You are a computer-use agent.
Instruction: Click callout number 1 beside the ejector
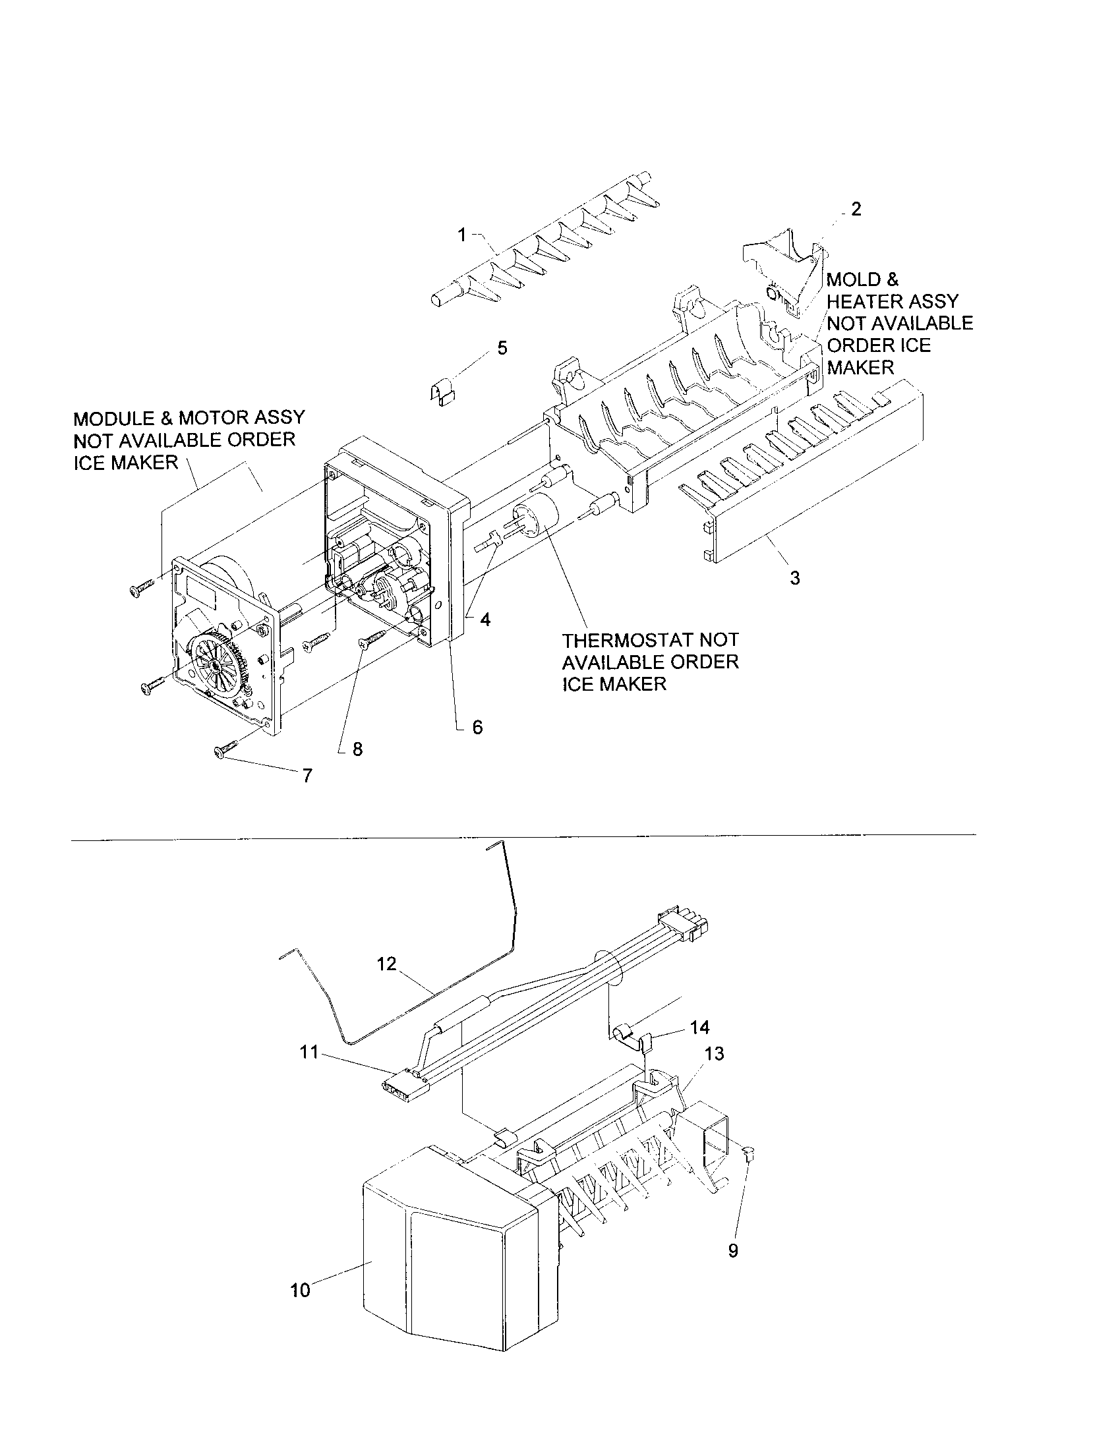[462, 235]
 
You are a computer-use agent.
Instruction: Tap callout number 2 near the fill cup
[856, 209]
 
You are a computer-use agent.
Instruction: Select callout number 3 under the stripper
[795, 577]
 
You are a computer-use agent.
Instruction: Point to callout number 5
[502, 348]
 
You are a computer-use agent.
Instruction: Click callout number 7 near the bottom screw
[307, 776]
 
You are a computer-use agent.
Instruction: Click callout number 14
[700, 1028]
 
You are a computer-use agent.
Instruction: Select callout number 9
[733, 1250]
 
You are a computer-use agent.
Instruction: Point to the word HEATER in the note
[864, 301]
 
